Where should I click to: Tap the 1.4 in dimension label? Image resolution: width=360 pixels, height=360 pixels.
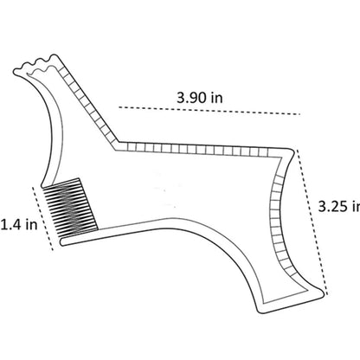pos(17,226)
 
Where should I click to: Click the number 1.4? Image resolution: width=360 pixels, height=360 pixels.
pos(11,226)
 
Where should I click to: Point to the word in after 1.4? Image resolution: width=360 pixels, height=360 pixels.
pos(31,226)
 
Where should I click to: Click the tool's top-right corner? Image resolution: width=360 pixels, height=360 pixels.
pos(292,148)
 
